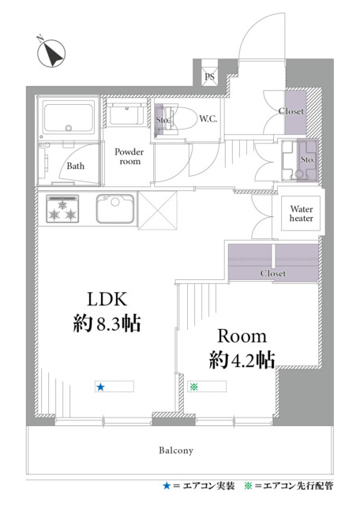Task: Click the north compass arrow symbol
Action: pos(51,53)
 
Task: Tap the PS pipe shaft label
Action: pos(209,77)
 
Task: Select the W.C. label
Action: pos(208,119)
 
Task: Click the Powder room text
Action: pos(129,156)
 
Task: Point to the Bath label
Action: pos(76,166)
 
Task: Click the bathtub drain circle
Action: pos(69,128)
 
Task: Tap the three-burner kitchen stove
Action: pos(62,208)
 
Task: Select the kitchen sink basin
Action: pos(115,208)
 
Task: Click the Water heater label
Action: pos(302,214)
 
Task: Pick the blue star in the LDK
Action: pos(100,387)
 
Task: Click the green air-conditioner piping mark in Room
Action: pos(193,387)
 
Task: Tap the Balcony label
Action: pos(176,451)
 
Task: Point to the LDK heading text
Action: pos(107,299)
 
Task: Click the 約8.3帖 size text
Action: pos(107,324)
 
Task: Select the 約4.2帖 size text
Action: pos(242,360)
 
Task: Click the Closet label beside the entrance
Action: pos(291,111)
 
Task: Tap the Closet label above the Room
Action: pos(273,274)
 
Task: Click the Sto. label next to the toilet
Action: pos(163,120)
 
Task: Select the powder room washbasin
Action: pos(126,115)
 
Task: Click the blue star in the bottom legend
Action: pos(167,486)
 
